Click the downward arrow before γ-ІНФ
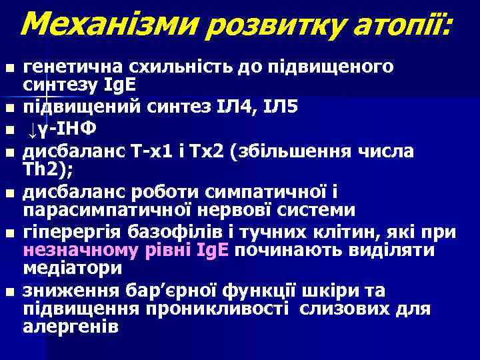(31, 127)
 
